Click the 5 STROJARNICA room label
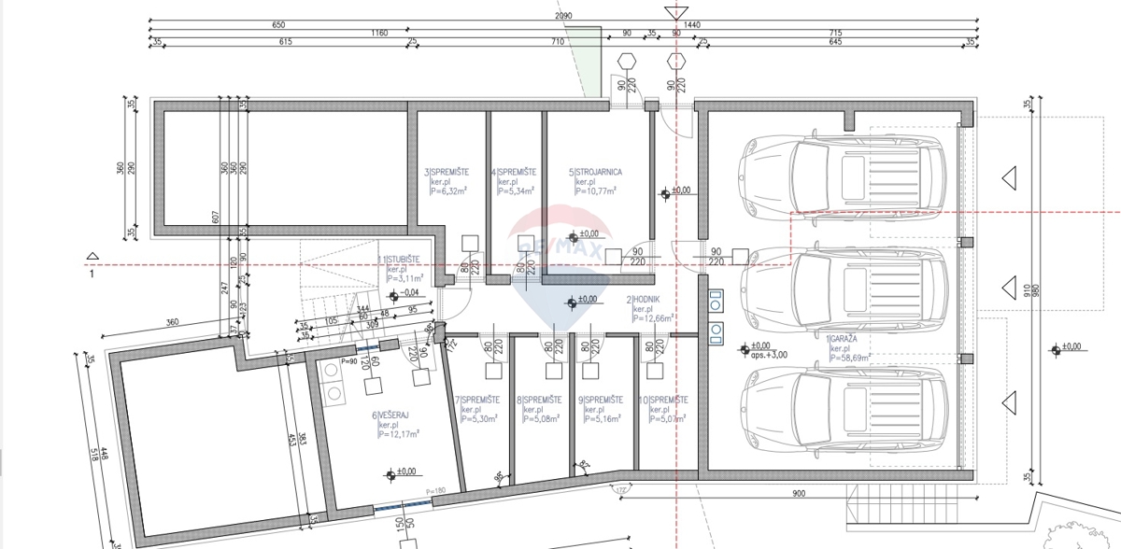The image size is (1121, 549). [595, 172]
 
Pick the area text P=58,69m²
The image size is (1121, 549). [850, 357]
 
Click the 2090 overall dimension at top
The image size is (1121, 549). [564, 17]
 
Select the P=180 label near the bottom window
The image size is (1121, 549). [435, 492]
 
